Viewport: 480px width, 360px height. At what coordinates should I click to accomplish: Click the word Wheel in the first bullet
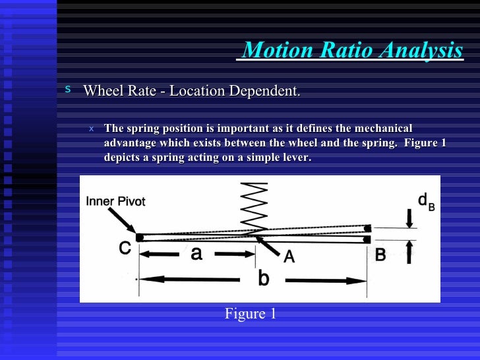coord(102,90)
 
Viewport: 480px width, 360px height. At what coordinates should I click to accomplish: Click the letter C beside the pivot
coord(125,249)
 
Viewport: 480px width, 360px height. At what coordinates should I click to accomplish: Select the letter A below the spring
coord(289,258)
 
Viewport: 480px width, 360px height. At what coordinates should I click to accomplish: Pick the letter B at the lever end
coord(380,254)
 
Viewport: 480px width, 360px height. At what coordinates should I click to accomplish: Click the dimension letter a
coord(196,253)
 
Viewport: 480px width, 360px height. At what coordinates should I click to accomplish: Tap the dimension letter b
coord(263,279)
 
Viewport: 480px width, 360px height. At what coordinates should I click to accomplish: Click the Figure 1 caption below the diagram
coord(250,314)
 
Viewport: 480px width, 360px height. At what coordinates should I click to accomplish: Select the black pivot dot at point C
coord(140,237)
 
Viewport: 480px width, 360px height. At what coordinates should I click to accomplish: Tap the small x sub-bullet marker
coord(92,129)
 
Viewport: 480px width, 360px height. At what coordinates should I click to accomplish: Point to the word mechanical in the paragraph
coord(382,128)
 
